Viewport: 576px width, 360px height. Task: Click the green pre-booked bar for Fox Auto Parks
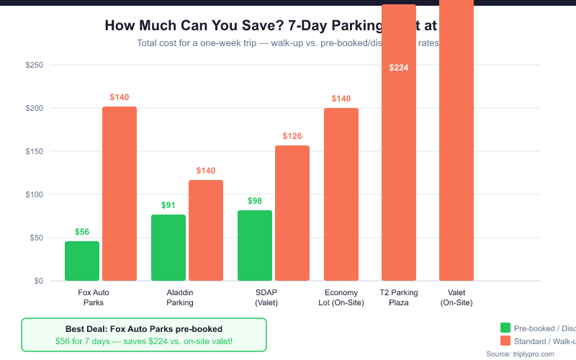[82, 261]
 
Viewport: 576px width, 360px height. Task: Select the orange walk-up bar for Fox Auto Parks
[120, 194]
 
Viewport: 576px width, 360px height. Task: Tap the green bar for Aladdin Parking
[168, 248]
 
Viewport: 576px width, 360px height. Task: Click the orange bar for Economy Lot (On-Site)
[341, 194]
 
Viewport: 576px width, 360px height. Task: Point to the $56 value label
[82, 232]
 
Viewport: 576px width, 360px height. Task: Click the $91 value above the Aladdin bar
[168, 205]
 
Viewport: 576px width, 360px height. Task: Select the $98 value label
[255, 201]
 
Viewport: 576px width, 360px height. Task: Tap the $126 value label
[292, 136]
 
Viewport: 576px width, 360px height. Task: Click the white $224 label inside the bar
[399, 68]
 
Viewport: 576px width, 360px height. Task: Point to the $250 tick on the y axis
[34, 65]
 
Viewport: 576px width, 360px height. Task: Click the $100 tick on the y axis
[34, 194]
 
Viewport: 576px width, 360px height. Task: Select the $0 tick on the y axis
[38, 281]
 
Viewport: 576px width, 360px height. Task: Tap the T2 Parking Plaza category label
[399, 297]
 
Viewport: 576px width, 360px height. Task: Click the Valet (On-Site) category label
[456, 297]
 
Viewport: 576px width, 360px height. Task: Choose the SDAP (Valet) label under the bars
[266, 297]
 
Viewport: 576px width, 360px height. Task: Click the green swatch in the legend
[505, 327]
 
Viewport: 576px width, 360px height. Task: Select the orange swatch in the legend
[505, 341]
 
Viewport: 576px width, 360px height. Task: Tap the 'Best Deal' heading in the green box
[144, 328]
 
